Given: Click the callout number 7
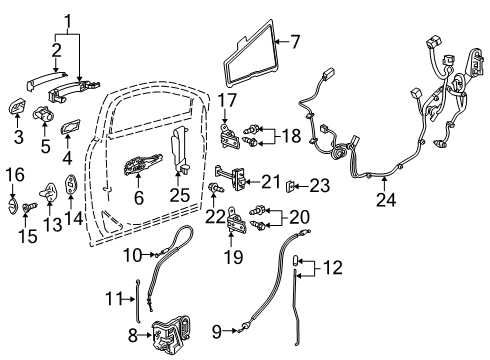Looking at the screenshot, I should point(295,41).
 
